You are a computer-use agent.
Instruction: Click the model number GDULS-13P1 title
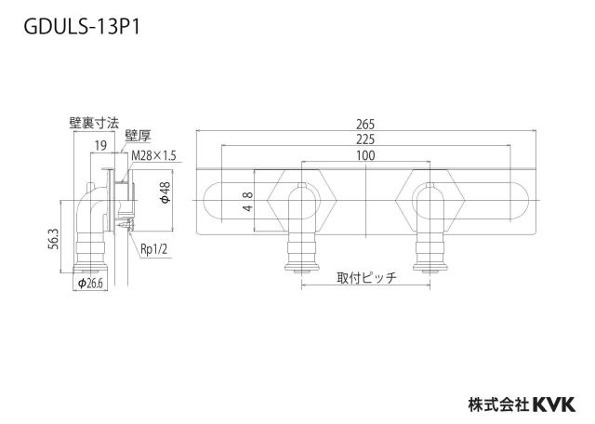(82, 27)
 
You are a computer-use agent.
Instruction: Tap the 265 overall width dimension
(365, 124)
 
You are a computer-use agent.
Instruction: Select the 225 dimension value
(365, 139)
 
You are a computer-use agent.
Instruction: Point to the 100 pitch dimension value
(365, 155)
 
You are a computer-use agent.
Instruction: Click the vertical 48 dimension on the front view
(247, 202)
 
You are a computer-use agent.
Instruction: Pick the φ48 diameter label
(165, 192)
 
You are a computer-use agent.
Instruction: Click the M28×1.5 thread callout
(153, 155)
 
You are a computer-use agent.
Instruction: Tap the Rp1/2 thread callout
(153, 249)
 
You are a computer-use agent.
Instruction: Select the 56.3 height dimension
(54, 238)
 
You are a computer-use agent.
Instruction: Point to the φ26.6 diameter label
(90, 284)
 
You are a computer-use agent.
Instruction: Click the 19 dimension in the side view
(100, 145)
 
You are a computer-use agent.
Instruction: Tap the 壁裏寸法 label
(94, 123)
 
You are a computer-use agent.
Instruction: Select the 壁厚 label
(138, 136)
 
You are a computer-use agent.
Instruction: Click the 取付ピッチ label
(366, 278)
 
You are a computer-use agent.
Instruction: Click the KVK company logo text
(554, 404)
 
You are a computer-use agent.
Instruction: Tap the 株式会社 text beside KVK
(498, 404)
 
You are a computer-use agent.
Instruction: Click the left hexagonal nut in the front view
(301, 200)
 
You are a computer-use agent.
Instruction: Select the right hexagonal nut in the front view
(430, 200)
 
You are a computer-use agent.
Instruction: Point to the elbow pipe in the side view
(90, 213)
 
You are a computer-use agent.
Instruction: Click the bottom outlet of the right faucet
(430, 267)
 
